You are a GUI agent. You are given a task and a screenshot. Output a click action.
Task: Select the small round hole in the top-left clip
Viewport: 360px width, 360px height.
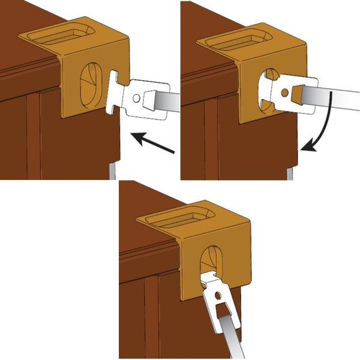point(137,97)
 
